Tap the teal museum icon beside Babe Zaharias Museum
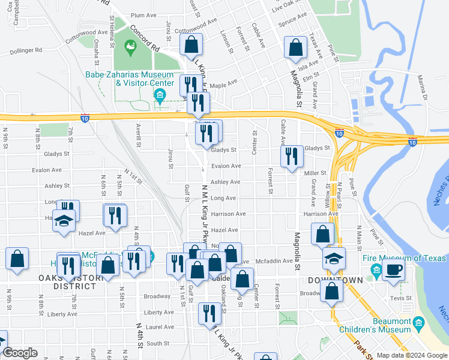point(160,95)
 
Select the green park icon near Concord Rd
point(130,46)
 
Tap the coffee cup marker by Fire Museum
point(393,269)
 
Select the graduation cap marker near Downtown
point(334,259)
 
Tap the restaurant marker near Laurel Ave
point(209,313)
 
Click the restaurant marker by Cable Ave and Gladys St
point(292,157)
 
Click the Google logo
point(20,353)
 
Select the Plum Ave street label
point(143,15)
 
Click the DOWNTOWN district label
point(335,280)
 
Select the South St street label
point(158,344)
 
